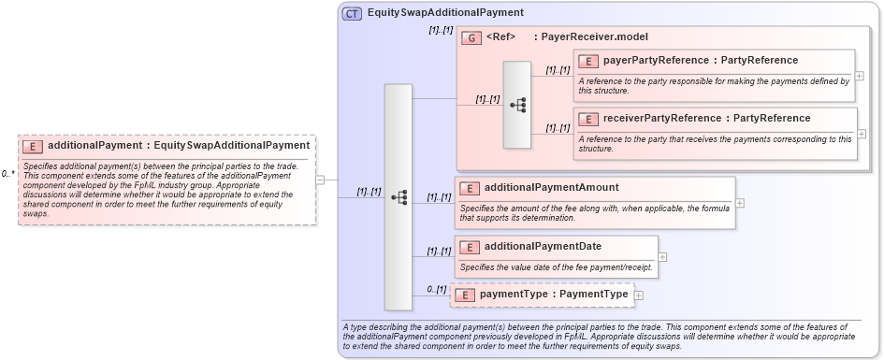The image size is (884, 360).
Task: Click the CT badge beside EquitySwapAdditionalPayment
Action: (353, 14)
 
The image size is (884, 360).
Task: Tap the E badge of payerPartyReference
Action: (589, 61)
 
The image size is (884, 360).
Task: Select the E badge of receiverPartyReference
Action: (589, 119)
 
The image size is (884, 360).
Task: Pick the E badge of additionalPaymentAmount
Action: (470, 188)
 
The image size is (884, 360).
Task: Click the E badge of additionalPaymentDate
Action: (470, 247)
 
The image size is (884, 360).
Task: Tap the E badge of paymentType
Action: (465, 295)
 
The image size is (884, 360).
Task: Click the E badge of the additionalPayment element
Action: (33, 146)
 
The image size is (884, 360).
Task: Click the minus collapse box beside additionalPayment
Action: (320, 180)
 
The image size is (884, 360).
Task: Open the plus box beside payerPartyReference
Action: (860, 76)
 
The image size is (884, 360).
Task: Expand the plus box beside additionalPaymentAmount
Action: (740, 202)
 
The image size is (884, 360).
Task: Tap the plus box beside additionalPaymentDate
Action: (662, 256)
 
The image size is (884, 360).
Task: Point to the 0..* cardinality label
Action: (8, 174)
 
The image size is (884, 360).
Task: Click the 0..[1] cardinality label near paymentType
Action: (437, 289)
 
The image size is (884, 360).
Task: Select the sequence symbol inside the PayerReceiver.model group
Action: (517, 105)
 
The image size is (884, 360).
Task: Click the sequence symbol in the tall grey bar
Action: (399, 197)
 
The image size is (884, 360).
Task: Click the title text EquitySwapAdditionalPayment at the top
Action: (445, 13)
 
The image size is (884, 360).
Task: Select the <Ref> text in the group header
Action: (501, 37)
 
